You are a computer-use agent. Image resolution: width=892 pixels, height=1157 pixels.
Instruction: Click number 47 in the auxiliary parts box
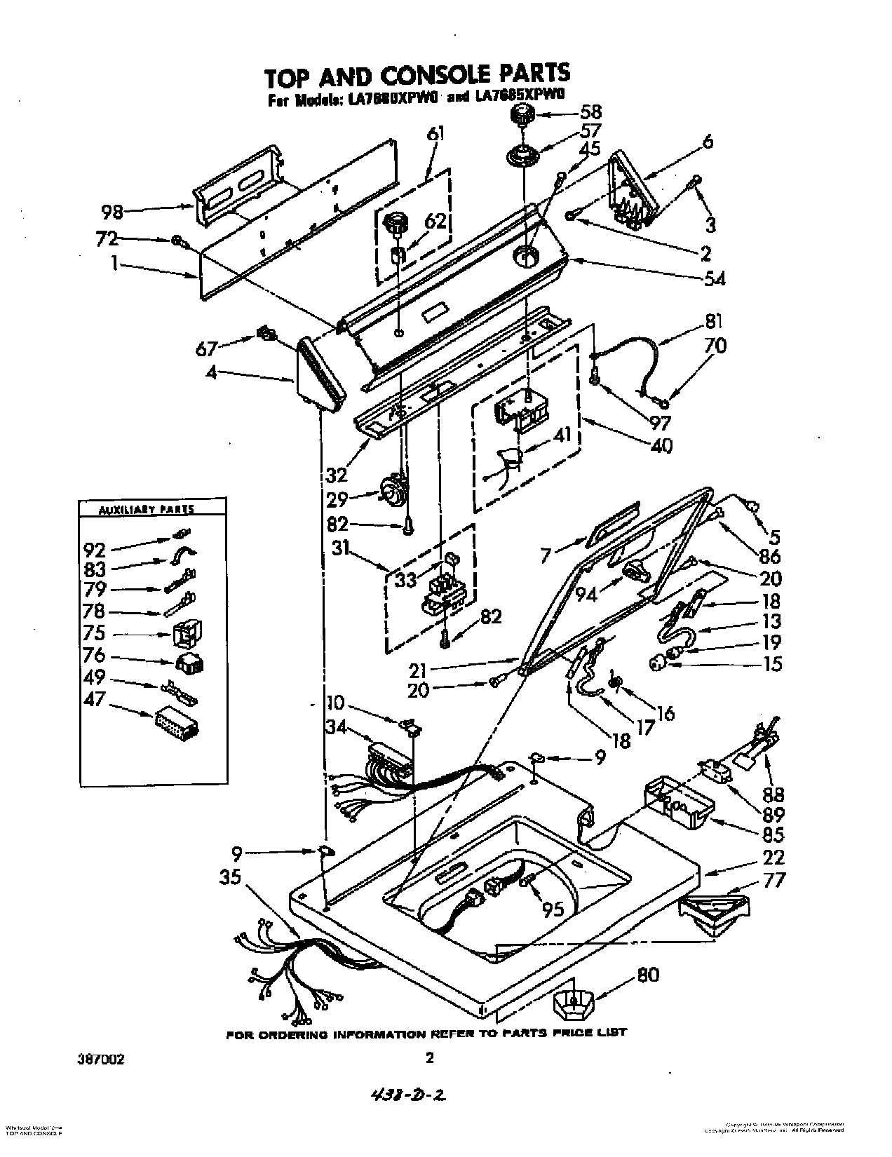pyautogui.click(x=94, y=698)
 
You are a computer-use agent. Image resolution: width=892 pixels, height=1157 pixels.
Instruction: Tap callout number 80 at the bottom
pyautogui.click(x=649, y=974)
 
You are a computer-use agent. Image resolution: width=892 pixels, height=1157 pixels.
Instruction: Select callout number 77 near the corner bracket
pyautogui.click(x=771, y=879)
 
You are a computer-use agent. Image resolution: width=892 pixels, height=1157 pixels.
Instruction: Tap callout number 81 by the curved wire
pyautogui.click(x=712, y=322)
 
